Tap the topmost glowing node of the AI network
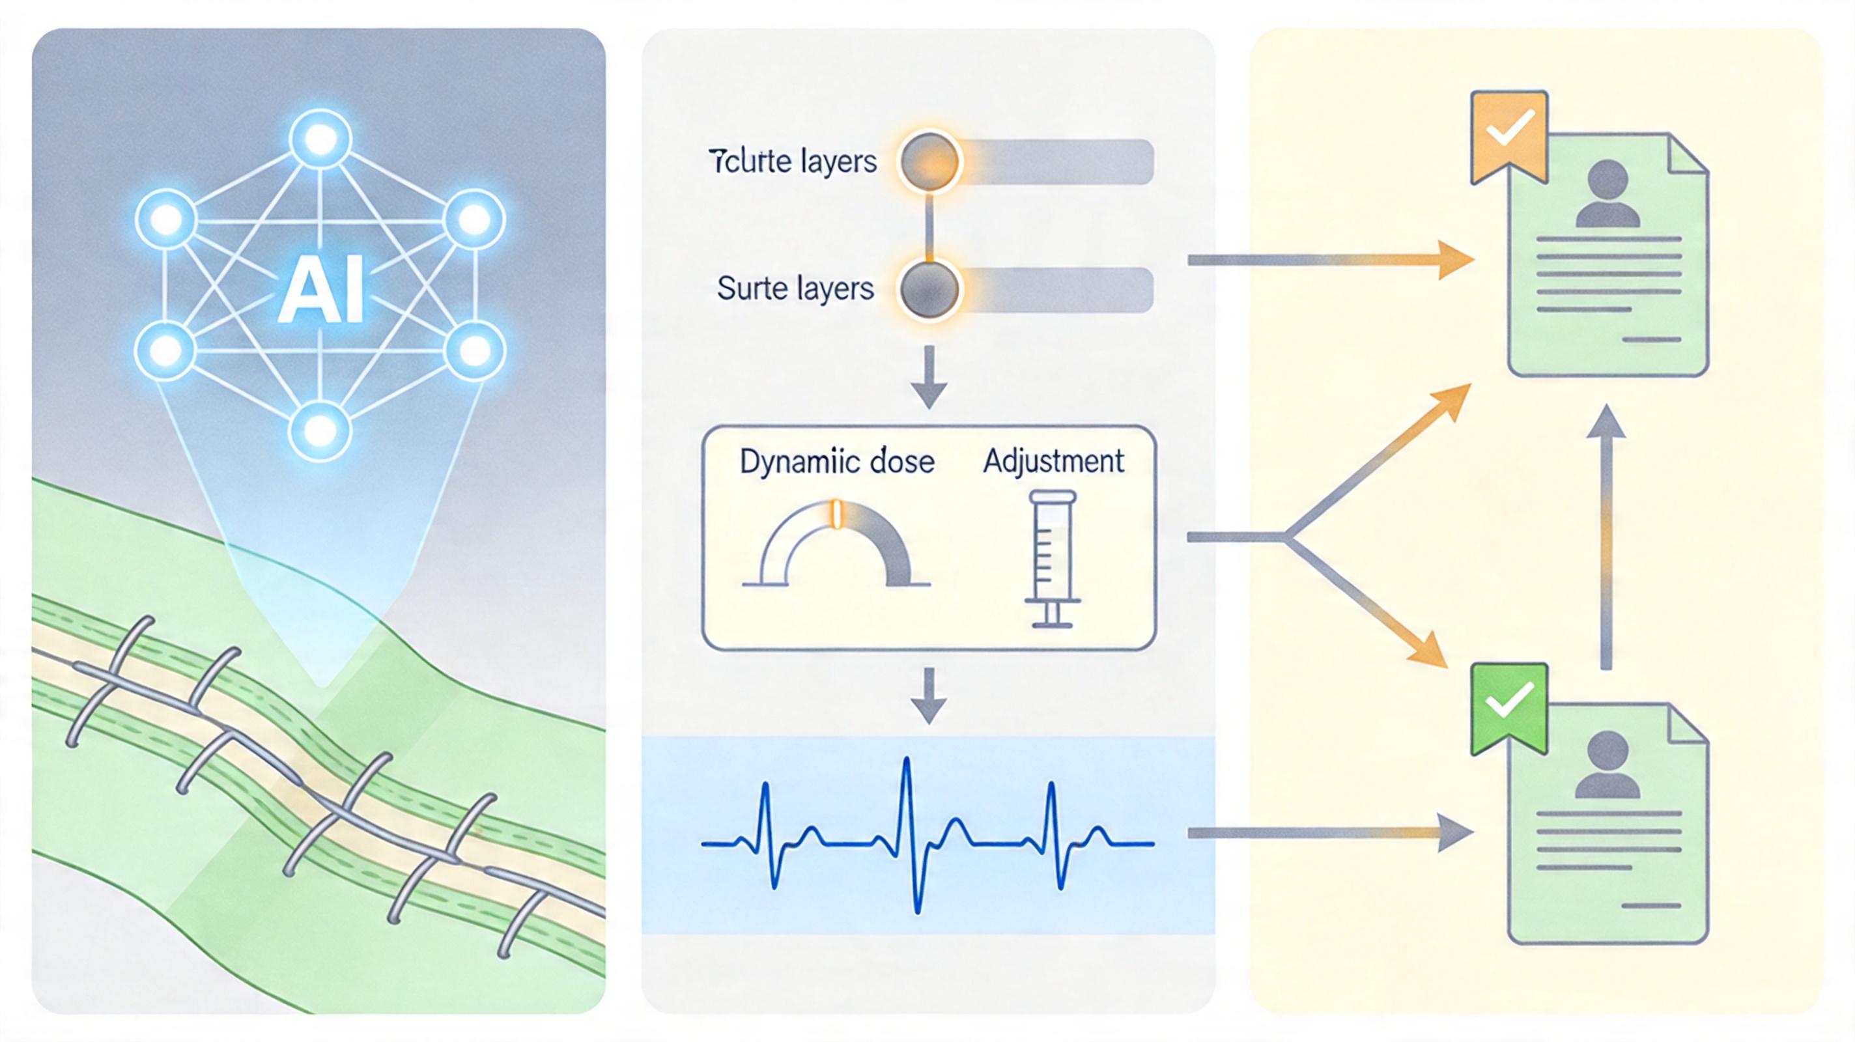pos(320,139)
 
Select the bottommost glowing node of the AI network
pos(320,430)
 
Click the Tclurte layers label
pos(793,162)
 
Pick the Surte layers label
pos(795,289)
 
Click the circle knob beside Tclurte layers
pos(929,162)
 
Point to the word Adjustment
pos(1053,461)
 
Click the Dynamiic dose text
pos(837,462)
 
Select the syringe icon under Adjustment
pos(1052,558)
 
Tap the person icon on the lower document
pos(1607,765)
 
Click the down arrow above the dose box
pos(929,376)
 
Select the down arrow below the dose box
pos(929,694)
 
